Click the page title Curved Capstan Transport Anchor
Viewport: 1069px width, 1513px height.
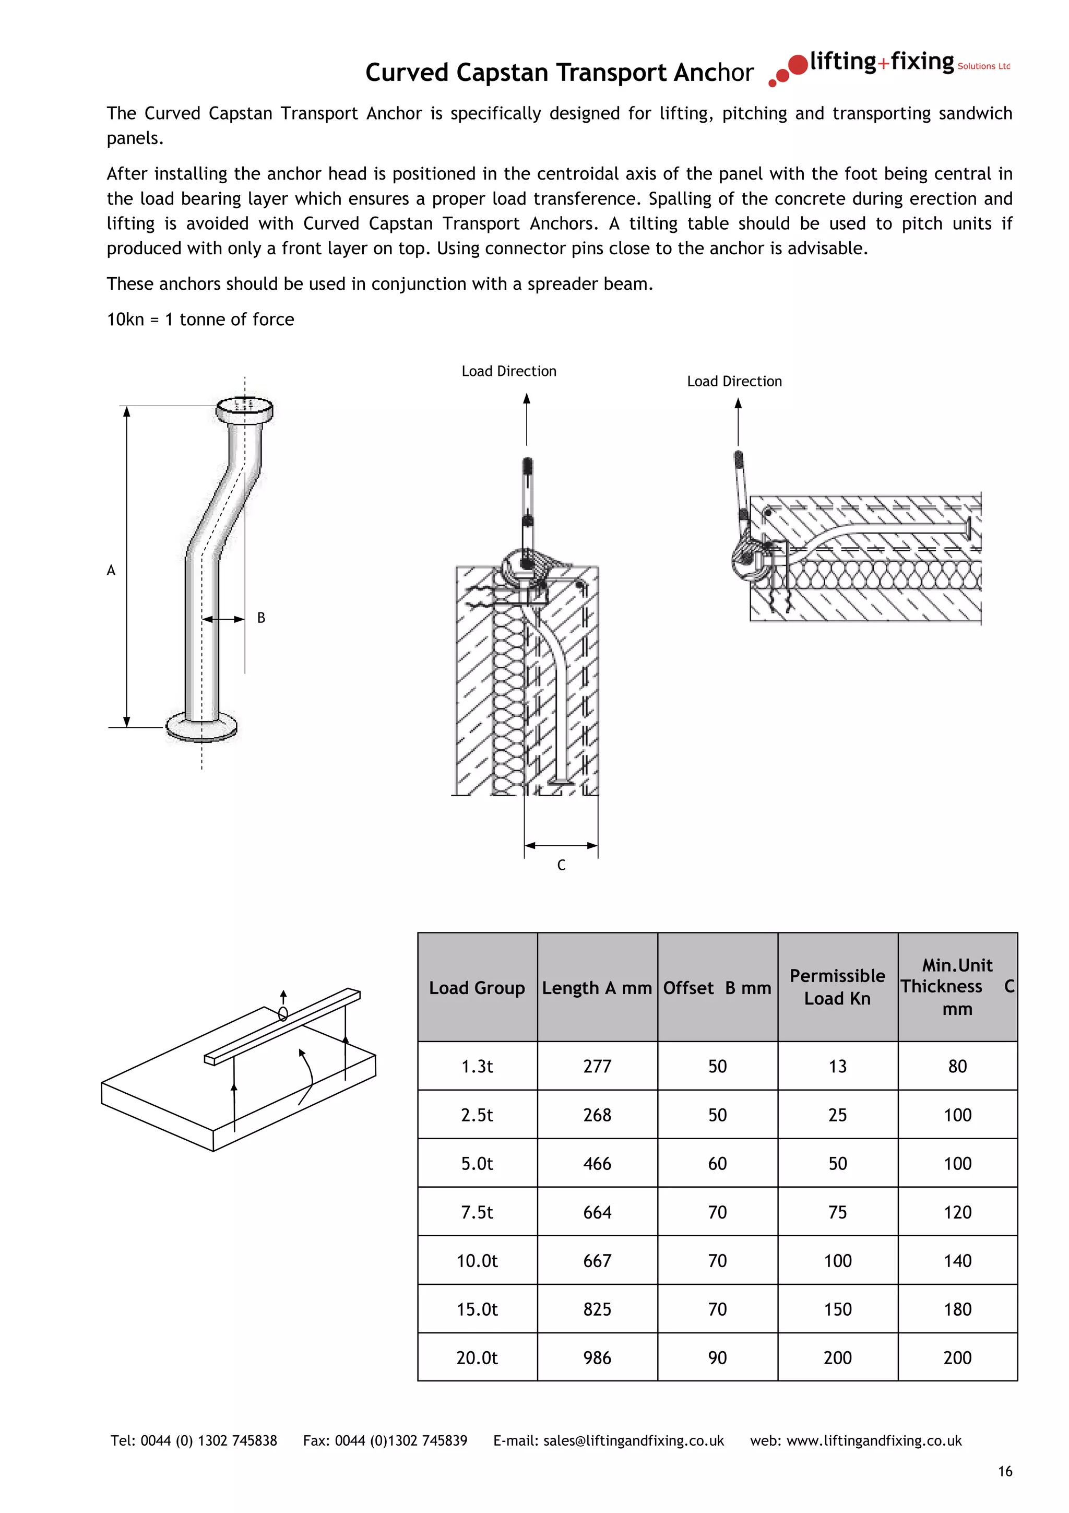[x=559, y=73]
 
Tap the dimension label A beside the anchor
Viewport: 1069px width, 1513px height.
[x=111, y=570]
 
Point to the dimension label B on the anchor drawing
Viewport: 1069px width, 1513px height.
[x=261, y=618]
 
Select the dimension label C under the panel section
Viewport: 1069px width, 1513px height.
[x=561, y=865]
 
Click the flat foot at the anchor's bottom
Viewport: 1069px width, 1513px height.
[x=201, y=727]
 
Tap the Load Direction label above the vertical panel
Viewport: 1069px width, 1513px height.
[x=508, y=372]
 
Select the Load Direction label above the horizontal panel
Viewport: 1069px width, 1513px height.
[x=734, y=382]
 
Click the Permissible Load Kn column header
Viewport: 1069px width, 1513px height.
[x=837, y=987]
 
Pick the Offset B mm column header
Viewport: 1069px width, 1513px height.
[x=717, y=988]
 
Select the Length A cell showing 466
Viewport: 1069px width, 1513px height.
[x=597, y=1164]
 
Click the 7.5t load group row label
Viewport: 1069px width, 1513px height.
[x=477, y=1212]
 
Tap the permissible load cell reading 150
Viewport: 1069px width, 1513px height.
[x=837, y=1309]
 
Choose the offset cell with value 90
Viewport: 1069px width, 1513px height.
[x=717, y=1358]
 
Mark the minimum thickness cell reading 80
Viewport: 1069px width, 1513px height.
[x=957, y=1067]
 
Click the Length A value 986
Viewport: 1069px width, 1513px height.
[x=597, y=1358]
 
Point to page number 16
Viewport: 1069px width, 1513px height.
[x=1004, y=1471]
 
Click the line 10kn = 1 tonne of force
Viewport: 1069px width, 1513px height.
[x=200, y=320]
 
